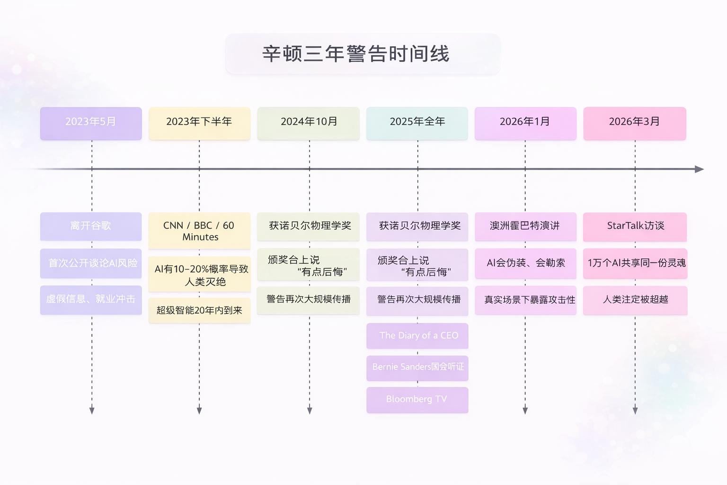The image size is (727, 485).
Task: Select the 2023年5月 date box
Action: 91,123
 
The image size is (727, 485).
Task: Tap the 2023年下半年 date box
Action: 199,123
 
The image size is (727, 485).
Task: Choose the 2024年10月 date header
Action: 309,123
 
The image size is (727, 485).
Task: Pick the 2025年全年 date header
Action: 417,123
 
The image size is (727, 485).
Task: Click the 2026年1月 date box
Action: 525,123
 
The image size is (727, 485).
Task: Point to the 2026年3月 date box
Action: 635,123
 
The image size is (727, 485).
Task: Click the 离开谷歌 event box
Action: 91,226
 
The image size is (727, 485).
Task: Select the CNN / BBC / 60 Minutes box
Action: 199,231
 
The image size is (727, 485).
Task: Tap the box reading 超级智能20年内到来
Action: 199,310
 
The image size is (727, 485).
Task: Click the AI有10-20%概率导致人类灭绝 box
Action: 199,274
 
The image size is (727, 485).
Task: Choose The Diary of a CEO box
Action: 417,335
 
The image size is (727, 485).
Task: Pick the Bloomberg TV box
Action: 417,399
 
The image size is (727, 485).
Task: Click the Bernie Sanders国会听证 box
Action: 417,368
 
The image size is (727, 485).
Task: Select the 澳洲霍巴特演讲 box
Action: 525,226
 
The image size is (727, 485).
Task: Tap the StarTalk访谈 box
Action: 635,226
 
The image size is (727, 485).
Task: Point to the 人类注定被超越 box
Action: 635,300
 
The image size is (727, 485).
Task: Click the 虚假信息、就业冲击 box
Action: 91,300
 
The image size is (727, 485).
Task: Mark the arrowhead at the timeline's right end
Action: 699,169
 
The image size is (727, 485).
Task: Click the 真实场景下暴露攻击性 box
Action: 525,300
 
